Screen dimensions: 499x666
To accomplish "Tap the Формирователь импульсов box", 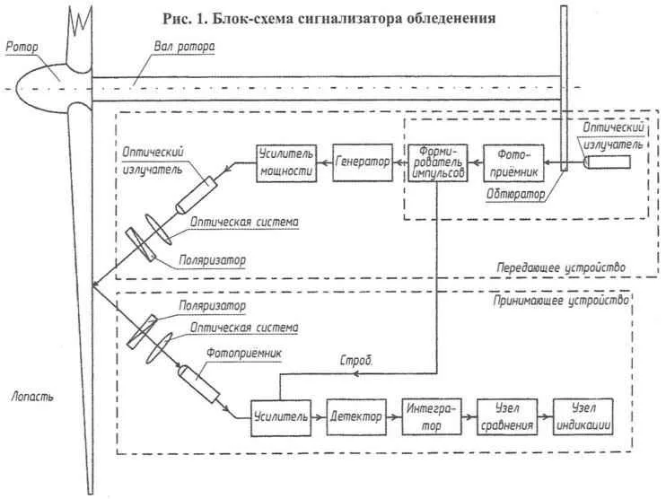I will click(438, 162).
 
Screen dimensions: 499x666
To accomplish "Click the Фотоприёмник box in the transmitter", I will click(512, 162).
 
